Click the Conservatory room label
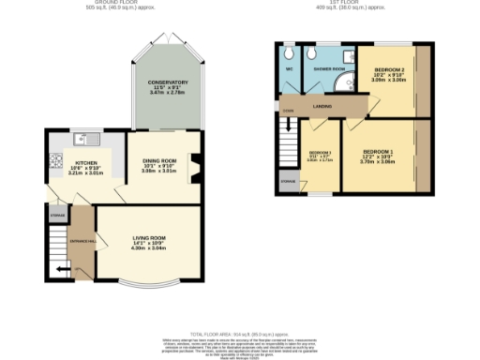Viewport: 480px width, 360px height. pos(169,88)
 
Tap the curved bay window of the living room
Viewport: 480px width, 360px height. pos(147,283)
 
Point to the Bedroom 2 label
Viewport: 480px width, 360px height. pos(390,75)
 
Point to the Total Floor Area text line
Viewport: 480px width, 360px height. pos(239,334)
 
